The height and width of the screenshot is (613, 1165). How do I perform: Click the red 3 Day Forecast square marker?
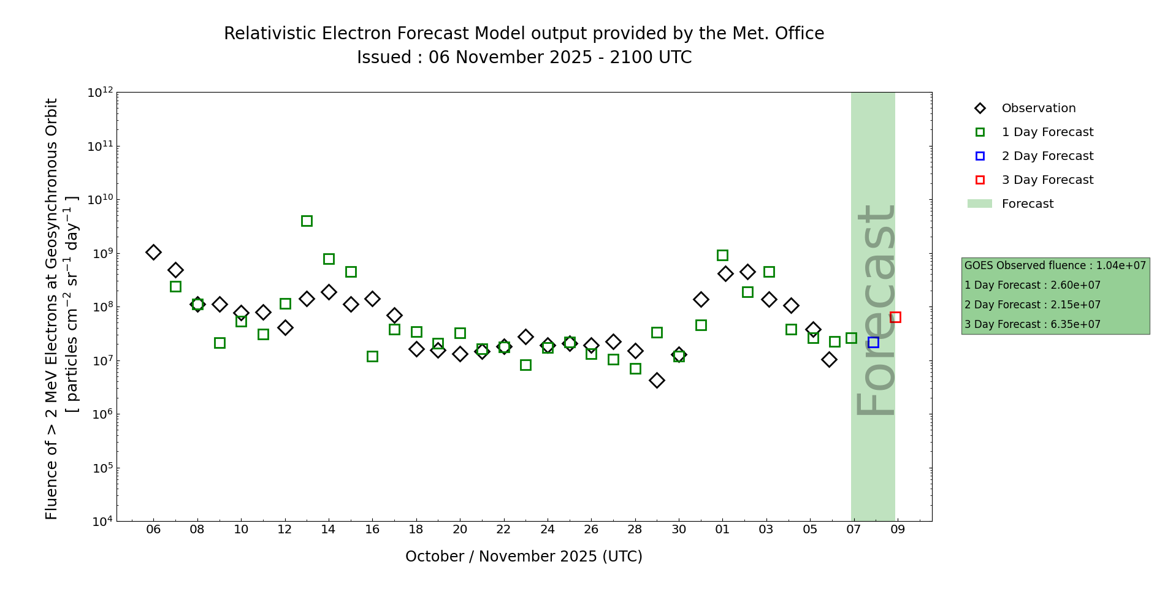(895, 317)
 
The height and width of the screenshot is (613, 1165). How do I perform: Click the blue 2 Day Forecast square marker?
(873, 342)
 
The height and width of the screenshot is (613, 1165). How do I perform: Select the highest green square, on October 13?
(307, 221)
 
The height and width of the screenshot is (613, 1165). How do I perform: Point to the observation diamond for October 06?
(153, 252)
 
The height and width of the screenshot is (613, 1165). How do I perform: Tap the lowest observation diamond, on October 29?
(657, 380)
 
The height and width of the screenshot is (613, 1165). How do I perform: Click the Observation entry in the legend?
(1038, 109)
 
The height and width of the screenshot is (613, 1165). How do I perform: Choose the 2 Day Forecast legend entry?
(1047, 156)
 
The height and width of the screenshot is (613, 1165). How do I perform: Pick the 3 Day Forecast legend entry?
(1047, 180)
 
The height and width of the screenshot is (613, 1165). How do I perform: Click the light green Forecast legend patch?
(980, 204)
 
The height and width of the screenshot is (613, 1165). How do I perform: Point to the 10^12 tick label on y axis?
(100, 93)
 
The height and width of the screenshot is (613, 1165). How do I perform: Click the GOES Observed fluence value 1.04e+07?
(1121, 265)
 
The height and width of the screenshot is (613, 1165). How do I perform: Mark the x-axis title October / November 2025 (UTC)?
(524, 556)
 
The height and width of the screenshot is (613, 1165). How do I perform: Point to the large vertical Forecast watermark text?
(876, 310)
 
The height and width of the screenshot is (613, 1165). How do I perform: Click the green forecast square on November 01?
(722, 255)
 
